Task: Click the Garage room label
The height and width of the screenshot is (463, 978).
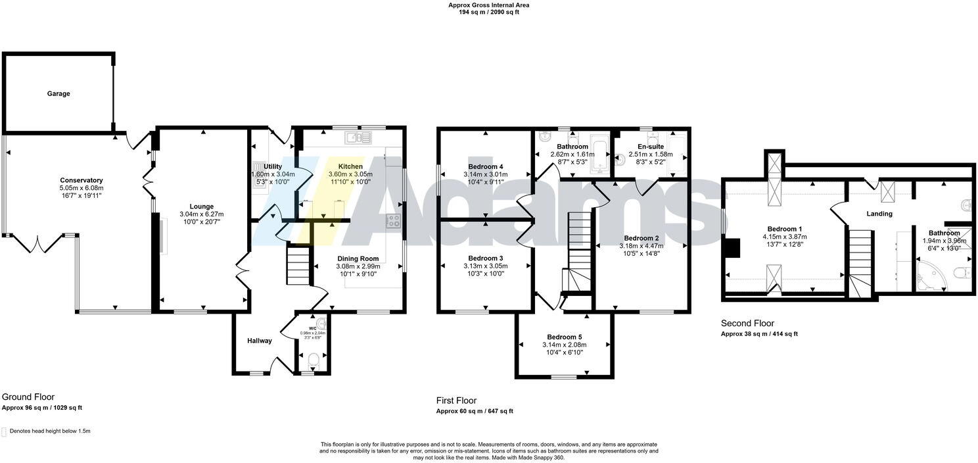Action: point(58,94)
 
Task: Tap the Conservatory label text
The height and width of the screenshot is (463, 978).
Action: point(81,180)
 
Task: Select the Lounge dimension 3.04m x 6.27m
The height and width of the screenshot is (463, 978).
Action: point(202,214)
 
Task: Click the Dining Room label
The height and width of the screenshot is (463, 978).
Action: point(358,258)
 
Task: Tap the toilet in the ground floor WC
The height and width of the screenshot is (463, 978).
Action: point(314,359)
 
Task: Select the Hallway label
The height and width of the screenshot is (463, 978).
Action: point(260,341)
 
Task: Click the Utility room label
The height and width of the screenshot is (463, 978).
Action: point(273,167)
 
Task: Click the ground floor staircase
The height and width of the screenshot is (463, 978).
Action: point(298,264)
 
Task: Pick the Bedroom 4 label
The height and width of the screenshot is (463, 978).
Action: point(486,167)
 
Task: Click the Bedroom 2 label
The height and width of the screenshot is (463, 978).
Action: point(641,238)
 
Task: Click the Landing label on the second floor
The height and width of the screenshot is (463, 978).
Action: point(879,214)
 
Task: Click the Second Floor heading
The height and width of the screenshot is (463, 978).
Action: point(747,324)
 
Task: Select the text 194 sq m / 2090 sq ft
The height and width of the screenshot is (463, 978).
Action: point(488,12)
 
